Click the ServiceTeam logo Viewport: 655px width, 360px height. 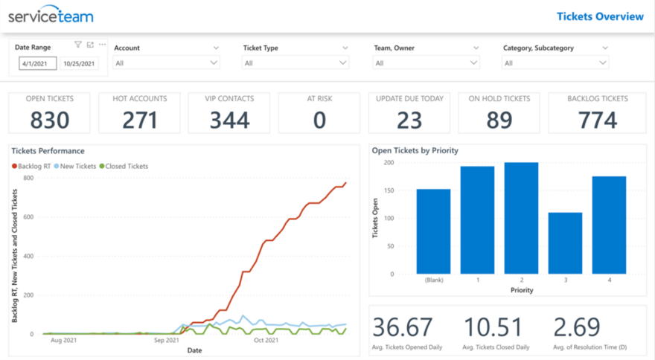coord(51,16)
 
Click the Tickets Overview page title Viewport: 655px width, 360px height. coord(600,16)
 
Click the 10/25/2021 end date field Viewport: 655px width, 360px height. coord(79,64)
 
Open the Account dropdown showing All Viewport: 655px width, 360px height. coord(167,63)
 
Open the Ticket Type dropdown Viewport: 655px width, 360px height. coord(296,63)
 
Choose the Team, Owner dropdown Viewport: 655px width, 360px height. coord(426,63)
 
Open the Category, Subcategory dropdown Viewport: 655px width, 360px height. coord(556,63)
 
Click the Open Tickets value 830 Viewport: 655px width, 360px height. coord(50,120)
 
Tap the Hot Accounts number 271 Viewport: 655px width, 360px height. coord(140,120)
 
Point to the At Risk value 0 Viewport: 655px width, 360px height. coord(320,120)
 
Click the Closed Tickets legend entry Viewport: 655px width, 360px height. coord(126,166)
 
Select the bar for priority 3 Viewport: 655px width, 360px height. coord(565,243)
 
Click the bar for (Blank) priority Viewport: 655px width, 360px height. coord(433,231)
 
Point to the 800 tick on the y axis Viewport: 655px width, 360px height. coord(28,178)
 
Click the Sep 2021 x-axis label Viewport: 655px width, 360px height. coord(167,340)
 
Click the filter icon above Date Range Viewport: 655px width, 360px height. coord(78,45)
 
